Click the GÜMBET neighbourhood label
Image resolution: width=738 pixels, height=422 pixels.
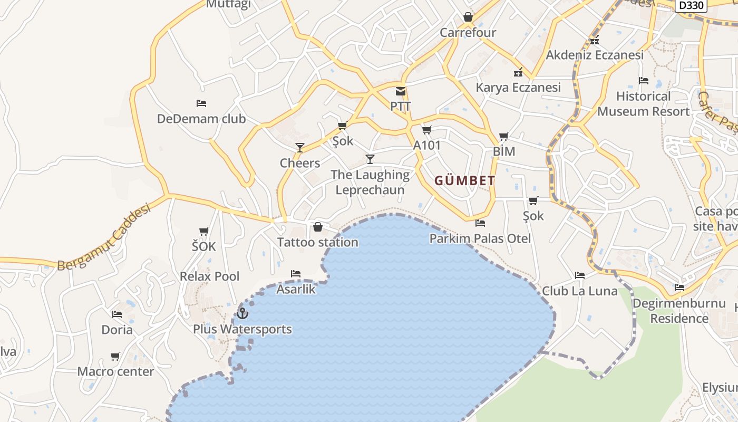point(465,181)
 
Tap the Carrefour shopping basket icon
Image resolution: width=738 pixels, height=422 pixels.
point(468,17)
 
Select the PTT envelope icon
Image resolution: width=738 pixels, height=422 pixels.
point(401,91)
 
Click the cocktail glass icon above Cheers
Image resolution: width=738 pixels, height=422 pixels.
point(300,148)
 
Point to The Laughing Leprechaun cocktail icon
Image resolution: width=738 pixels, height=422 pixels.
point(370,159)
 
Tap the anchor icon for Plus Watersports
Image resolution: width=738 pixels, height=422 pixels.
point(242,313)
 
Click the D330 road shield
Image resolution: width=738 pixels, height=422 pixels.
point(691,5)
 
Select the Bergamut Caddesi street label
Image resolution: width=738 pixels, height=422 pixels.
point(104,237)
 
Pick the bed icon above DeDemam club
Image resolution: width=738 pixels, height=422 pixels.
point(201,103)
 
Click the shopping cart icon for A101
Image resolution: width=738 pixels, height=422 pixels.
point(426,130)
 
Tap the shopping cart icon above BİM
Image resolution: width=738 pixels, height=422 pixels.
point(503,137)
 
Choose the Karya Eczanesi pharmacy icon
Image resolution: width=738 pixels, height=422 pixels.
point(518,72)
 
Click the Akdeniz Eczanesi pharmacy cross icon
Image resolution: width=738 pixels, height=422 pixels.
point(595,40)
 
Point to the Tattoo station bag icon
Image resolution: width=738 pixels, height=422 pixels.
point(318,227)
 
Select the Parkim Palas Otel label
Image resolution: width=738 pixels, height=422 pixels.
point(480,238)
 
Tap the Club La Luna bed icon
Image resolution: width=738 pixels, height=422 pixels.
point(580,275)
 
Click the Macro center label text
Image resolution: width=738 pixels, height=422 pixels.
point(116,371)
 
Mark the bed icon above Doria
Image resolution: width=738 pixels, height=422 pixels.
point(117,314)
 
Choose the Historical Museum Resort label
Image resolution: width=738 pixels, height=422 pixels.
point(643,104)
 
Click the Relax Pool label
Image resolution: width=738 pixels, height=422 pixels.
point(209,276)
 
